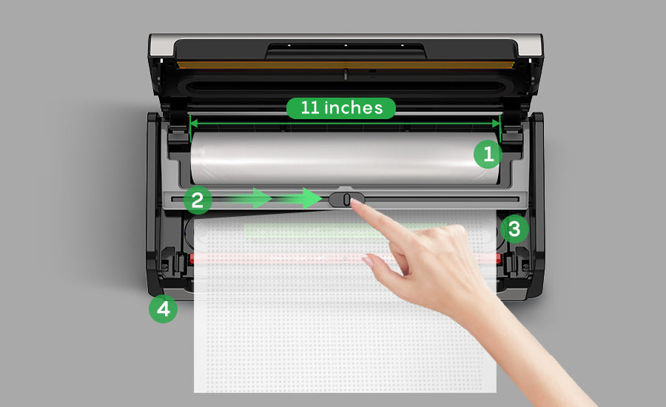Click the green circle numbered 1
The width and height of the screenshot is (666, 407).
(x=488, y=154)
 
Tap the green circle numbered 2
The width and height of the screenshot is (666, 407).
(x=198, y=200)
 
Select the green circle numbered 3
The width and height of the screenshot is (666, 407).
(x=514, y=229)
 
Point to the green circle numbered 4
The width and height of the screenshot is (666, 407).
(x=163, y=309)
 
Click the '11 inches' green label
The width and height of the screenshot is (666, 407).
(x=341, y=108)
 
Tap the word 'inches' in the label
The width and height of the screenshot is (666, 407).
(x=354, y=108)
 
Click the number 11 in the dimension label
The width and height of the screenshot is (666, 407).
(x=310, y=108)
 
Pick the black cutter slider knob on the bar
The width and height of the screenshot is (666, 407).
(x=346, y=199)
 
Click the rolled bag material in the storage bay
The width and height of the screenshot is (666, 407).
(x=345, y=158)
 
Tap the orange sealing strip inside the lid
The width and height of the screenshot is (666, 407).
(x=346, y=65)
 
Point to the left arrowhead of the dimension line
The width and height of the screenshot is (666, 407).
(x=193, y=123)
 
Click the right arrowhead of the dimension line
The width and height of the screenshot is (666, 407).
(x=497, y=123)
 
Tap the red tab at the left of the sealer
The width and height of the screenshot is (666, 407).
(x=192, y=258)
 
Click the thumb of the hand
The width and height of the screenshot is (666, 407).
(x=378, y=266)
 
